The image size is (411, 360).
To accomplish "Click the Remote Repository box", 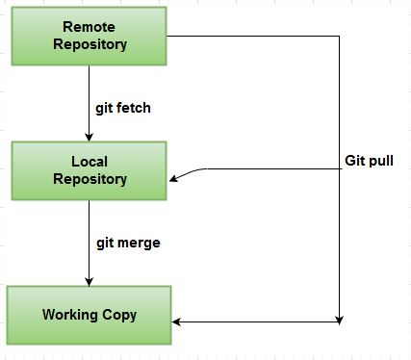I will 89,36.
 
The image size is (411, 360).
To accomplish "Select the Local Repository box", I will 89,169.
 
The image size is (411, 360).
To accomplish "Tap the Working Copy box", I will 89,315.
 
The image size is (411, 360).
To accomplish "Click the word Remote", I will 90,26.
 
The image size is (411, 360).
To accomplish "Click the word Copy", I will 119,315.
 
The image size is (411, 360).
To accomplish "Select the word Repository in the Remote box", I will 90,44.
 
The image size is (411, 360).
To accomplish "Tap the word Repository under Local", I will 90,179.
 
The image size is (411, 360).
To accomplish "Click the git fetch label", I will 124,108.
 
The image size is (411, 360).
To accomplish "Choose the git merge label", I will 128,243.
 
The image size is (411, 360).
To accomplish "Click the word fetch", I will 135,108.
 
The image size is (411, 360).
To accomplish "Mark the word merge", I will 140,243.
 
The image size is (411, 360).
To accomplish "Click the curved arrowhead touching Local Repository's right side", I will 174,177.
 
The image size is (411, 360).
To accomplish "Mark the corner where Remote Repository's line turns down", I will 340,37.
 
